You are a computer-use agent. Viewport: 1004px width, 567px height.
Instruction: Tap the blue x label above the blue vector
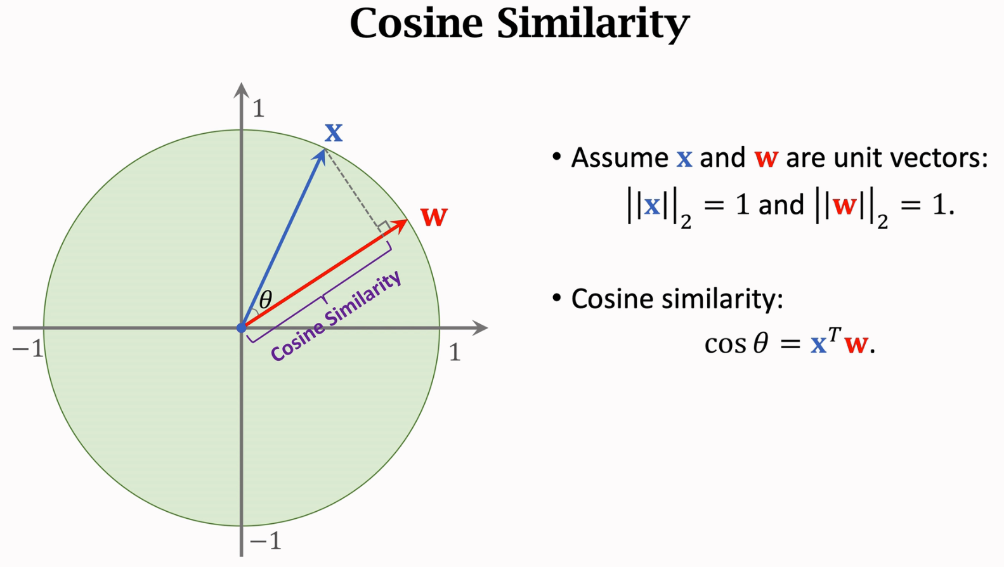334,133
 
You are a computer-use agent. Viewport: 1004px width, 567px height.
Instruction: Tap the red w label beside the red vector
434,217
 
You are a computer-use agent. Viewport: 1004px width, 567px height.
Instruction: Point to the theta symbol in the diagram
266,299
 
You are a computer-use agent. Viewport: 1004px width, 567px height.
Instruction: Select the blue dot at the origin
242,328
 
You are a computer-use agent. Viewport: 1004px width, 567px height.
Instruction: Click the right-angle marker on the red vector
383,226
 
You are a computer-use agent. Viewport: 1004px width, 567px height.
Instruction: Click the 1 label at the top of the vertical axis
258,109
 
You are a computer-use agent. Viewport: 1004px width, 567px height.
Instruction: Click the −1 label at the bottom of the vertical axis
265,541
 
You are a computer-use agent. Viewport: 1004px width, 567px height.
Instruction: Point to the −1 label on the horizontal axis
28,348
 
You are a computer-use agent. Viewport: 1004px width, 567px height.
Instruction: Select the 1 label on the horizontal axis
454,353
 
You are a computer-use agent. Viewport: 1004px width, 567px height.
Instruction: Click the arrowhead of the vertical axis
242,89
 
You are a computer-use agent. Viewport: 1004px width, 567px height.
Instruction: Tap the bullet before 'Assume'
557,157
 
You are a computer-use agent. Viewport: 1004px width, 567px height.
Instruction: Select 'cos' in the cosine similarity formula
726,344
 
